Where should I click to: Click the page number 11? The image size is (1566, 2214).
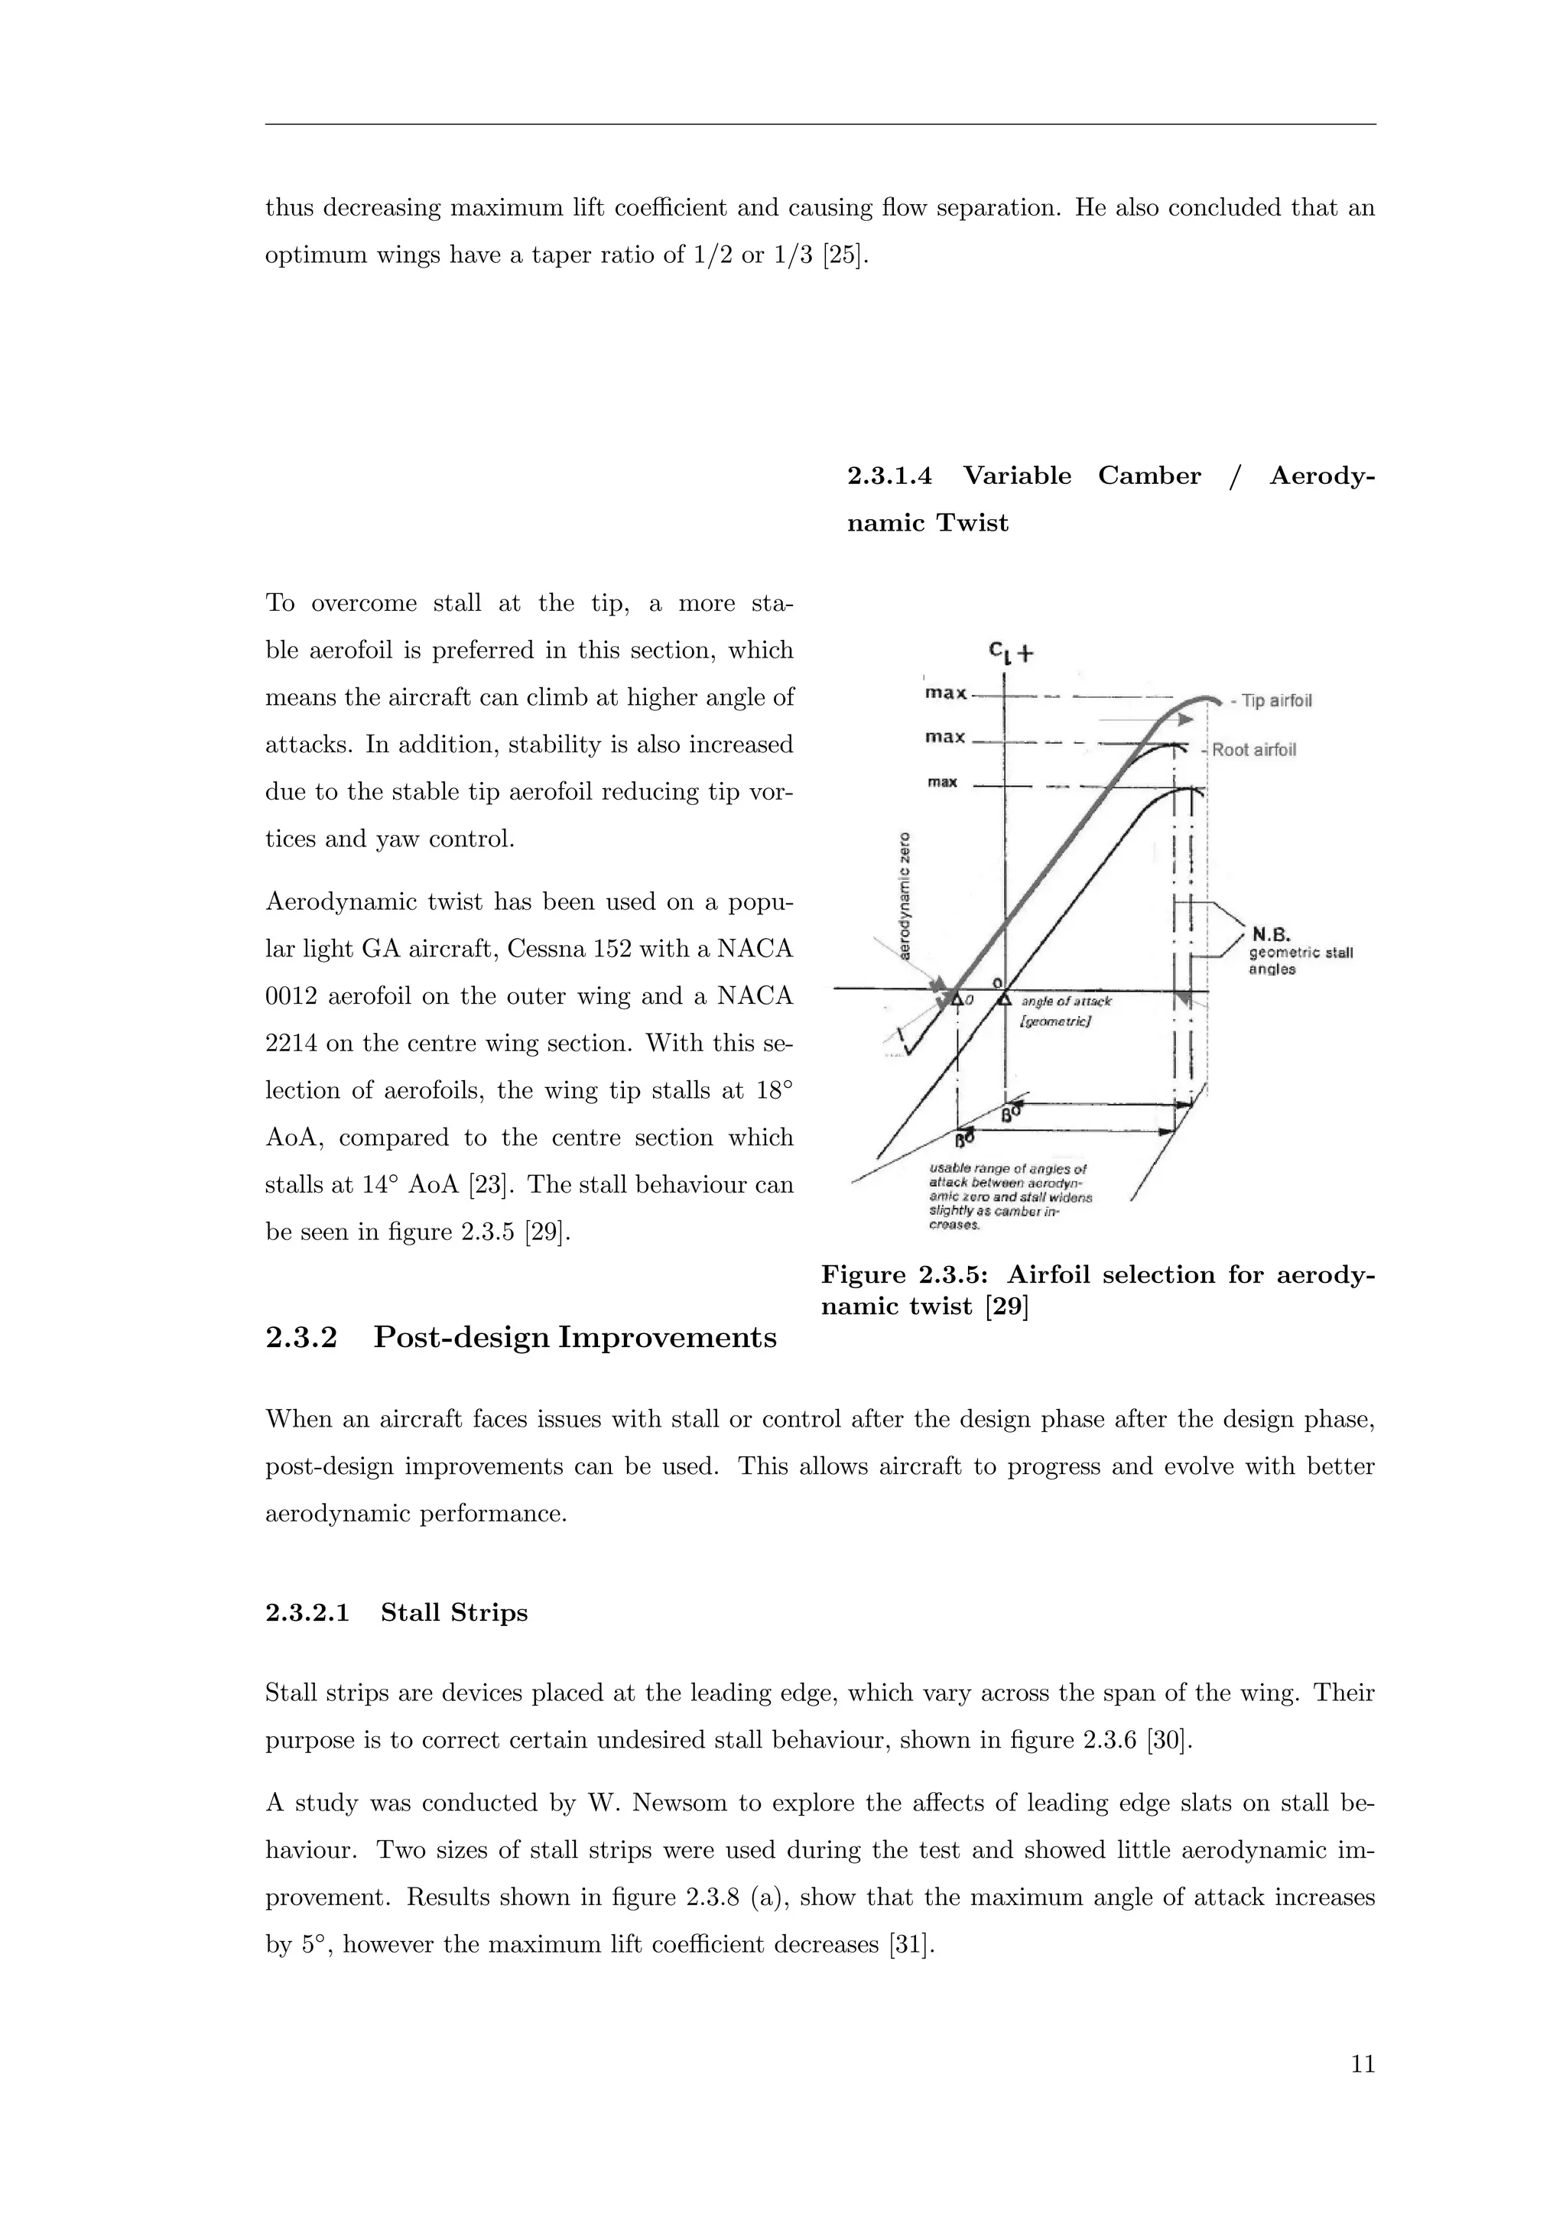[x=1362, y=2063]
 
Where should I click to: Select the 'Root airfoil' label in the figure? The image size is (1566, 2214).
[x=1253, y=749]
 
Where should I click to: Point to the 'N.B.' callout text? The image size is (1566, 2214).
[x=1271, y=933]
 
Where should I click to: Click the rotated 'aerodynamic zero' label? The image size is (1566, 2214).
[x=905, y=895]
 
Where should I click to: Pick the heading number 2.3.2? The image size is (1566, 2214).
[x=301, y=1337]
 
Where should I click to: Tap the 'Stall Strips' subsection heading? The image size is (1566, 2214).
[x=454, y=1612]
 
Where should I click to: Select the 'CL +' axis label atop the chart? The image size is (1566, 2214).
[x=1009, y=653]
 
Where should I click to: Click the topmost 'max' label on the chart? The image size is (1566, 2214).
[x=945, y=693]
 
